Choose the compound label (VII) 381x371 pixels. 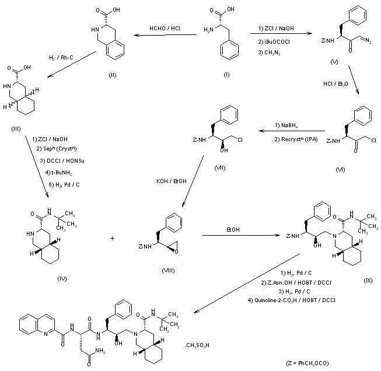(x=219, y=168)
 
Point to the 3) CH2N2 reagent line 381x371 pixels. (x=267, y=52)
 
